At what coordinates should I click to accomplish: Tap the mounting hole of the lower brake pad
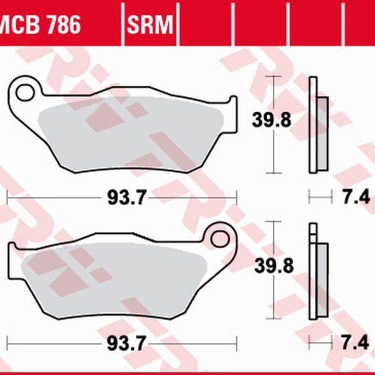pyautogui.click(x=219, y=238)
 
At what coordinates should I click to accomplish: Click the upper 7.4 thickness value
pyautogui.click(x=354, y=198)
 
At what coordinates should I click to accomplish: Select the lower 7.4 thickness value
pyautogui.click(x=354, y=343)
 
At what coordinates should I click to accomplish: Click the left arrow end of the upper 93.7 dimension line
pyautogui.click(x=7, y=198)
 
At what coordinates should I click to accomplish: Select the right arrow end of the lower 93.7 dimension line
pyautogui.click(x=236, y=343)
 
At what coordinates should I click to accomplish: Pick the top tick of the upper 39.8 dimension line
pyautogui.click(x=271, y=76)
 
